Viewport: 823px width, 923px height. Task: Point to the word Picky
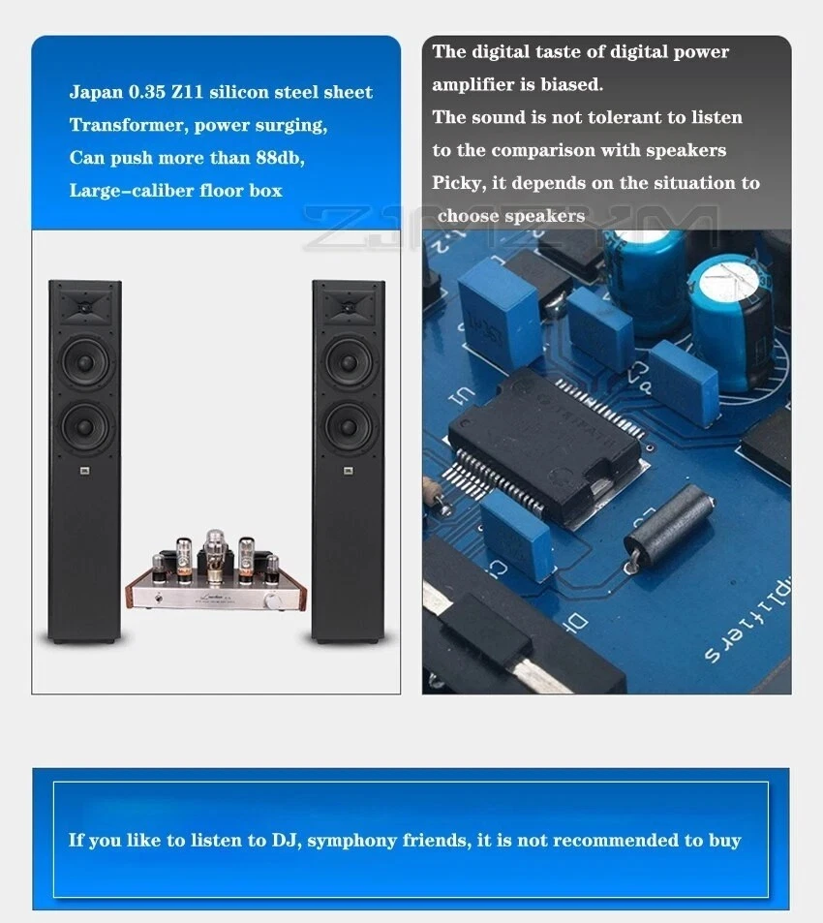click(456, 183)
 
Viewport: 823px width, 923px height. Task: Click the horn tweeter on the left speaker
click(84, 307)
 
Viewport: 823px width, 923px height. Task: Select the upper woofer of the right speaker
click(348, 360)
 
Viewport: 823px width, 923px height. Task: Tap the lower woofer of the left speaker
click(84, 427)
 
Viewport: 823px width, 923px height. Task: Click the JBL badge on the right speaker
click(348, 472)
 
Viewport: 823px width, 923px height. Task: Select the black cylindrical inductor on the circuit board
click(667, 524)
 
